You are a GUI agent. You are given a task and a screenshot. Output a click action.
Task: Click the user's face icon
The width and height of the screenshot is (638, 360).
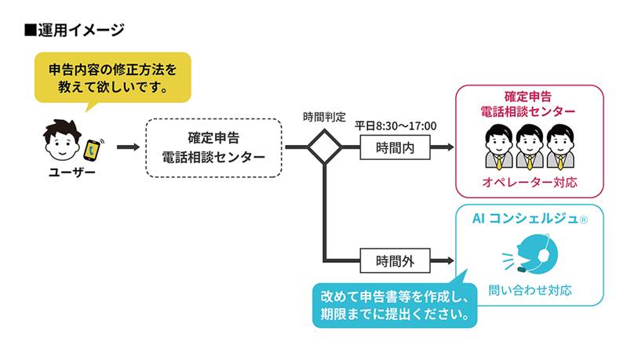pos(61,141)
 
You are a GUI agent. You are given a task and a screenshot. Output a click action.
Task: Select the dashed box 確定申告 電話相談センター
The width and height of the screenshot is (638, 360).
pos(213,147)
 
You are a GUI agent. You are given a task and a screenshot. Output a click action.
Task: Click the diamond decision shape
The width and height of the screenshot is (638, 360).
pos(323,147)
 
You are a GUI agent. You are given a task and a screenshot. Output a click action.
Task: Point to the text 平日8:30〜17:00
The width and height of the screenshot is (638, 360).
pos(396,125)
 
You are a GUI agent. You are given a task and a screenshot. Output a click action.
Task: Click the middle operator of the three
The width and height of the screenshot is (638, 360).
pos(529,144)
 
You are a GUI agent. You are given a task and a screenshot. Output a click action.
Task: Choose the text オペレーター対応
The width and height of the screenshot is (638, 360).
pos(529,182)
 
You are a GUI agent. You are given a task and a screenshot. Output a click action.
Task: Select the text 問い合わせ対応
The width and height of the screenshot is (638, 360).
pos(529,289)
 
